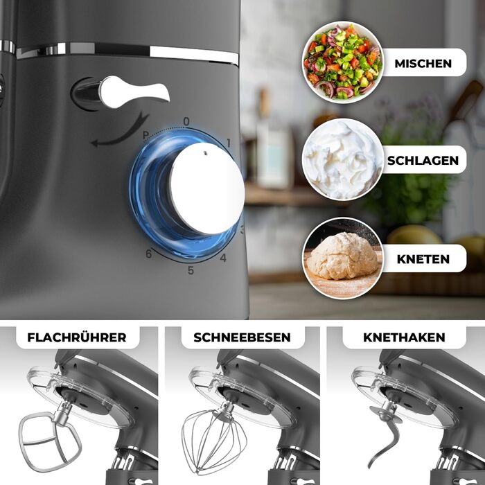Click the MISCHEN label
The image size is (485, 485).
(x=423, y=64)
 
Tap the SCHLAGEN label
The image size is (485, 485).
(x=423, y=161)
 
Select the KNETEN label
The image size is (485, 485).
(x=423, y=259)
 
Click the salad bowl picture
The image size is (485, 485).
(x=343, y=62)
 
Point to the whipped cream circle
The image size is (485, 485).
(x=343, y=159)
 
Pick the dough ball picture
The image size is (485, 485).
(x=343, y=258)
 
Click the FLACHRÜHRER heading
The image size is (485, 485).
(x=77, y=337)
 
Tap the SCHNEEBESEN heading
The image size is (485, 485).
(x=242, y=337)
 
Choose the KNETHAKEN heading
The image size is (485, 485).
(x=404, y=337)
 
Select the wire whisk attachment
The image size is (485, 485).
(x=213, y=439)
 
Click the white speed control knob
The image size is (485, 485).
(x=206, y=188)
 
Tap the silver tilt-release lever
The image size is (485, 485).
(x=133, y=92)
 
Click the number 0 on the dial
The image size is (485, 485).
(x=186, y=121)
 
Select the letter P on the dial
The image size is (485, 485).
(x=145, y=135)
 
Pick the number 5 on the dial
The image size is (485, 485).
(x=191, y=270)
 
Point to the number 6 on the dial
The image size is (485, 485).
(x=149, y=254)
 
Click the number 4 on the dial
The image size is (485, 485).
(x=223, y=258)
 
